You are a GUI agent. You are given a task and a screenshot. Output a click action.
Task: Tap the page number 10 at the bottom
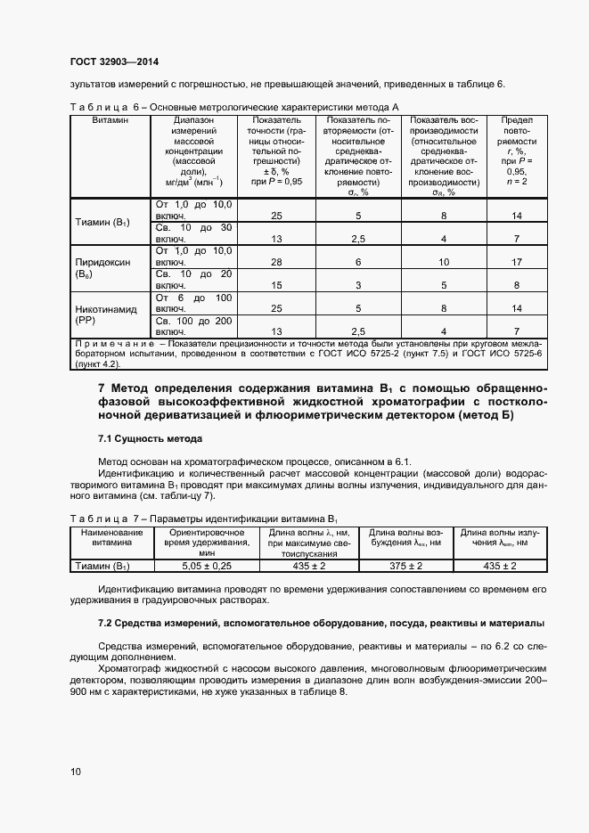pos(75,772)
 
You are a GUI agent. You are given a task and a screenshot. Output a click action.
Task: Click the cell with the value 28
pos(276,263)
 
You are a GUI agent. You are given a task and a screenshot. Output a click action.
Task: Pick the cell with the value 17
pos(517,263)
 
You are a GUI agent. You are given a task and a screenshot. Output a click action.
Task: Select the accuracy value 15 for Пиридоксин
pos(276,285)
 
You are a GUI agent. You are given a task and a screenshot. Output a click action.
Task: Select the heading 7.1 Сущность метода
pos(150,439)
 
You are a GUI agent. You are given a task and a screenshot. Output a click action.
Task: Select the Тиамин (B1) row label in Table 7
pos(102,566)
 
